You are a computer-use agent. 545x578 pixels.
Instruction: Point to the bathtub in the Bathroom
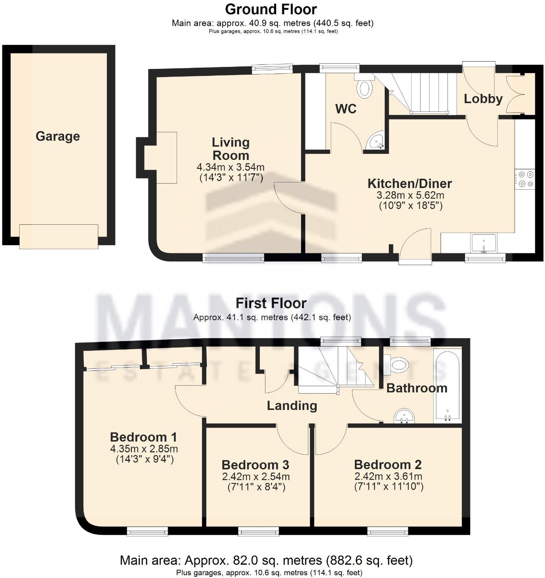pos(448,385)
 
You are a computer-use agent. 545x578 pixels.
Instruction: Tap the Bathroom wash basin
pos(404,416)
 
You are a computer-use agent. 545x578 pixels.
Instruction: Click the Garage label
pos(58,136)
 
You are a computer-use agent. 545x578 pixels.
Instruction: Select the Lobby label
pos(483,99)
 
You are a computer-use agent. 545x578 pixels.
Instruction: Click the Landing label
pos(292,405)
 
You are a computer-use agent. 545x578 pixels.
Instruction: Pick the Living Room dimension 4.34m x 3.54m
pos(230,167)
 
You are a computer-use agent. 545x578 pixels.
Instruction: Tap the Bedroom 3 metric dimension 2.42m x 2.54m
pos(256,476)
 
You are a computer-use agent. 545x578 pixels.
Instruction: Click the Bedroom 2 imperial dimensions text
pos(388,486)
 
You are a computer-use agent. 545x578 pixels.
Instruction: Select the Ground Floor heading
pos(271,9)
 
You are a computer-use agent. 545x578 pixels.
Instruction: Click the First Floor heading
pos(271,303)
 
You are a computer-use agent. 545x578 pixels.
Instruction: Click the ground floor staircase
pos(420,92)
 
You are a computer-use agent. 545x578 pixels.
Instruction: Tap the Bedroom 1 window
pos(147,530)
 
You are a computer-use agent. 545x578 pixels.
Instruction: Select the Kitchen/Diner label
pos(410,184)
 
